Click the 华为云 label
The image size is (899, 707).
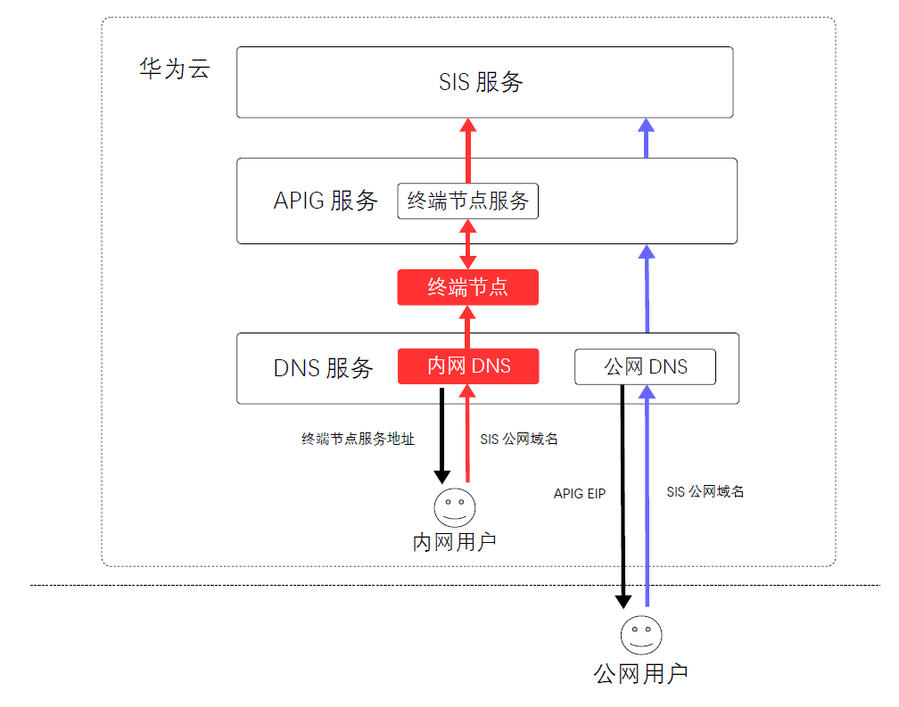pyautogui.click(x=175, y=69)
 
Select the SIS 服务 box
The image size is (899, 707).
pyautogui.click(x=484, y=83)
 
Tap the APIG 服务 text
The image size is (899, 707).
pyautogui.click(x=325, y=201)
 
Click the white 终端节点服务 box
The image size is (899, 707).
pyautogui.click(x=468, y=201)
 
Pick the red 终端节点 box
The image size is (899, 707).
pyautogui.click(x=468, y=287)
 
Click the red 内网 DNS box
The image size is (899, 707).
pyautogui.click(x=468, y=366)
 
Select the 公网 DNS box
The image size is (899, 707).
pyautogui.click(x=645, y=366)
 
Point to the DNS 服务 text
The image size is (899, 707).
pyautogui.click(x=324, y=368)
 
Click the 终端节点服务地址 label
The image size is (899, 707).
pyautogui.click(x=358, y=439)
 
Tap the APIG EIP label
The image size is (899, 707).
pyautogui.click(x=579, y=493)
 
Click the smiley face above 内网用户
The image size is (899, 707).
pyautogui.click(x=455, y=507)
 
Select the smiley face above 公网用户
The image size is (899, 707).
pyautogui.click(x=641, y=635)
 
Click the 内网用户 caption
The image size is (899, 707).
pyautogui.click(x=454, y=542)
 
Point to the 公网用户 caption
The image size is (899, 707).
pyautogui.click(x=640, y=674)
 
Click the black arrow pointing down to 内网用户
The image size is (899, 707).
pyautogui.click(x=441, y=436)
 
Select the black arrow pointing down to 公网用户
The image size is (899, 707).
pyautogui.click(x=623, y=497)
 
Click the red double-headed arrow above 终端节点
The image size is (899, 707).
pyautogui.click(x=468, y=244)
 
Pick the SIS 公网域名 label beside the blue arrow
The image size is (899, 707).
pyautogui.click(x=705, y=491)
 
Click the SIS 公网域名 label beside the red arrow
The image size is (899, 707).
pyautogui.click(x=519, y=439)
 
